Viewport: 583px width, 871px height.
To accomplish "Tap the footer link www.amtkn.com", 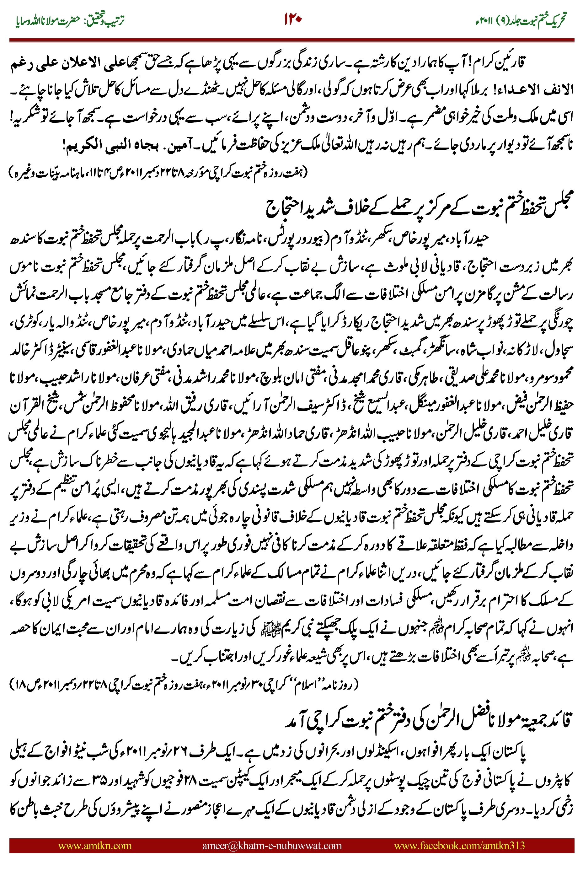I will [95, 845].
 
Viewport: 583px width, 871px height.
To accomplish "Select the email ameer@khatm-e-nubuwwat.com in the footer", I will [272, 845].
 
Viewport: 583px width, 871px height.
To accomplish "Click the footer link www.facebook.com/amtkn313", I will [459, 845].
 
